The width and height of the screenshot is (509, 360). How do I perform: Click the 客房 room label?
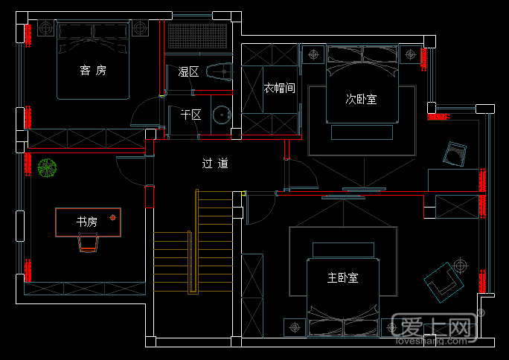point(93,71)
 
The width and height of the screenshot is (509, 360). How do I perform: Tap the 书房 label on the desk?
point(87,222)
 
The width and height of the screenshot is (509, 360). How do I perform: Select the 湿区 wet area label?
point(188,72)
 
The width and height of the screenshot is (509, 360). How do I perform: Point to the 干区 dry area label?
point(191,115)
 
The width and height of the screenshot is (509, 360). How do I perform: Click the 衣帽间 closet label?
point(280,88)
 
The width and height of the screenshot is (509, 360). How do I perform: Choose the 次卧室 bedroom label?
point(361,98)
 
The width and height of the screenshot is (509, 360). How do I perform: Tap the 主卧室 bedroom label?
point(342,277)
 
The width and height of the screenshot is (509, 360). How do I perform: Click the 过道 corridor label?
point(215,163)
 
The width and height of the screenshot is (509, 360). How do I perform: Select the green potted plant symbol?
point(48,169)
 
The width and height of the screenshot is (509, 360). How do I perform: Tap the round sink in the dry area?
point(220,115)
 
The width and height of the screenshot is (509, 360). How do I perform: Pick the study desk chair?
point(88,242)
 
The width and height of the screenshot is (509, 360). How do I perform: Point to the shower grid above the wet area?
point(197,36)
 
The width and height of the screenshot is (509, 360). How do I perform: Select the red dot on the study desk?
point(113,217)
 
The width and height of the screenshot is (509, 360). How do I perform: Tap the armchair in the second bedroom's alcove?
point(454,154)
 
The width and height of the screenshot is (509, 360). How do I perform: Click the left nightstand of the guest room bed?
point(45,28)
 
